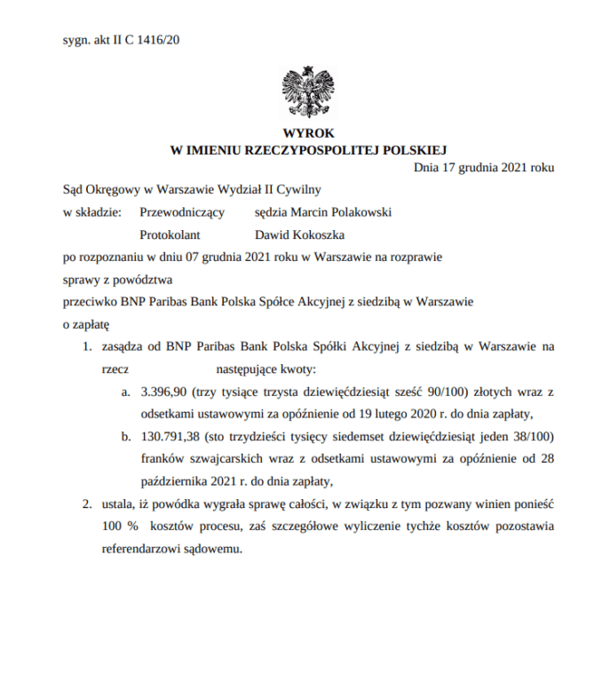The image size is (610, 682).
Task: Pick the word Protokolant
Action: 170,235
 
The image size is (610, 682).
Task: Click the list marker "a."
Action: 127,391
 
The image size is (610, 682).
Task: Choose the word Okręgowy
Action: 112,189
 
